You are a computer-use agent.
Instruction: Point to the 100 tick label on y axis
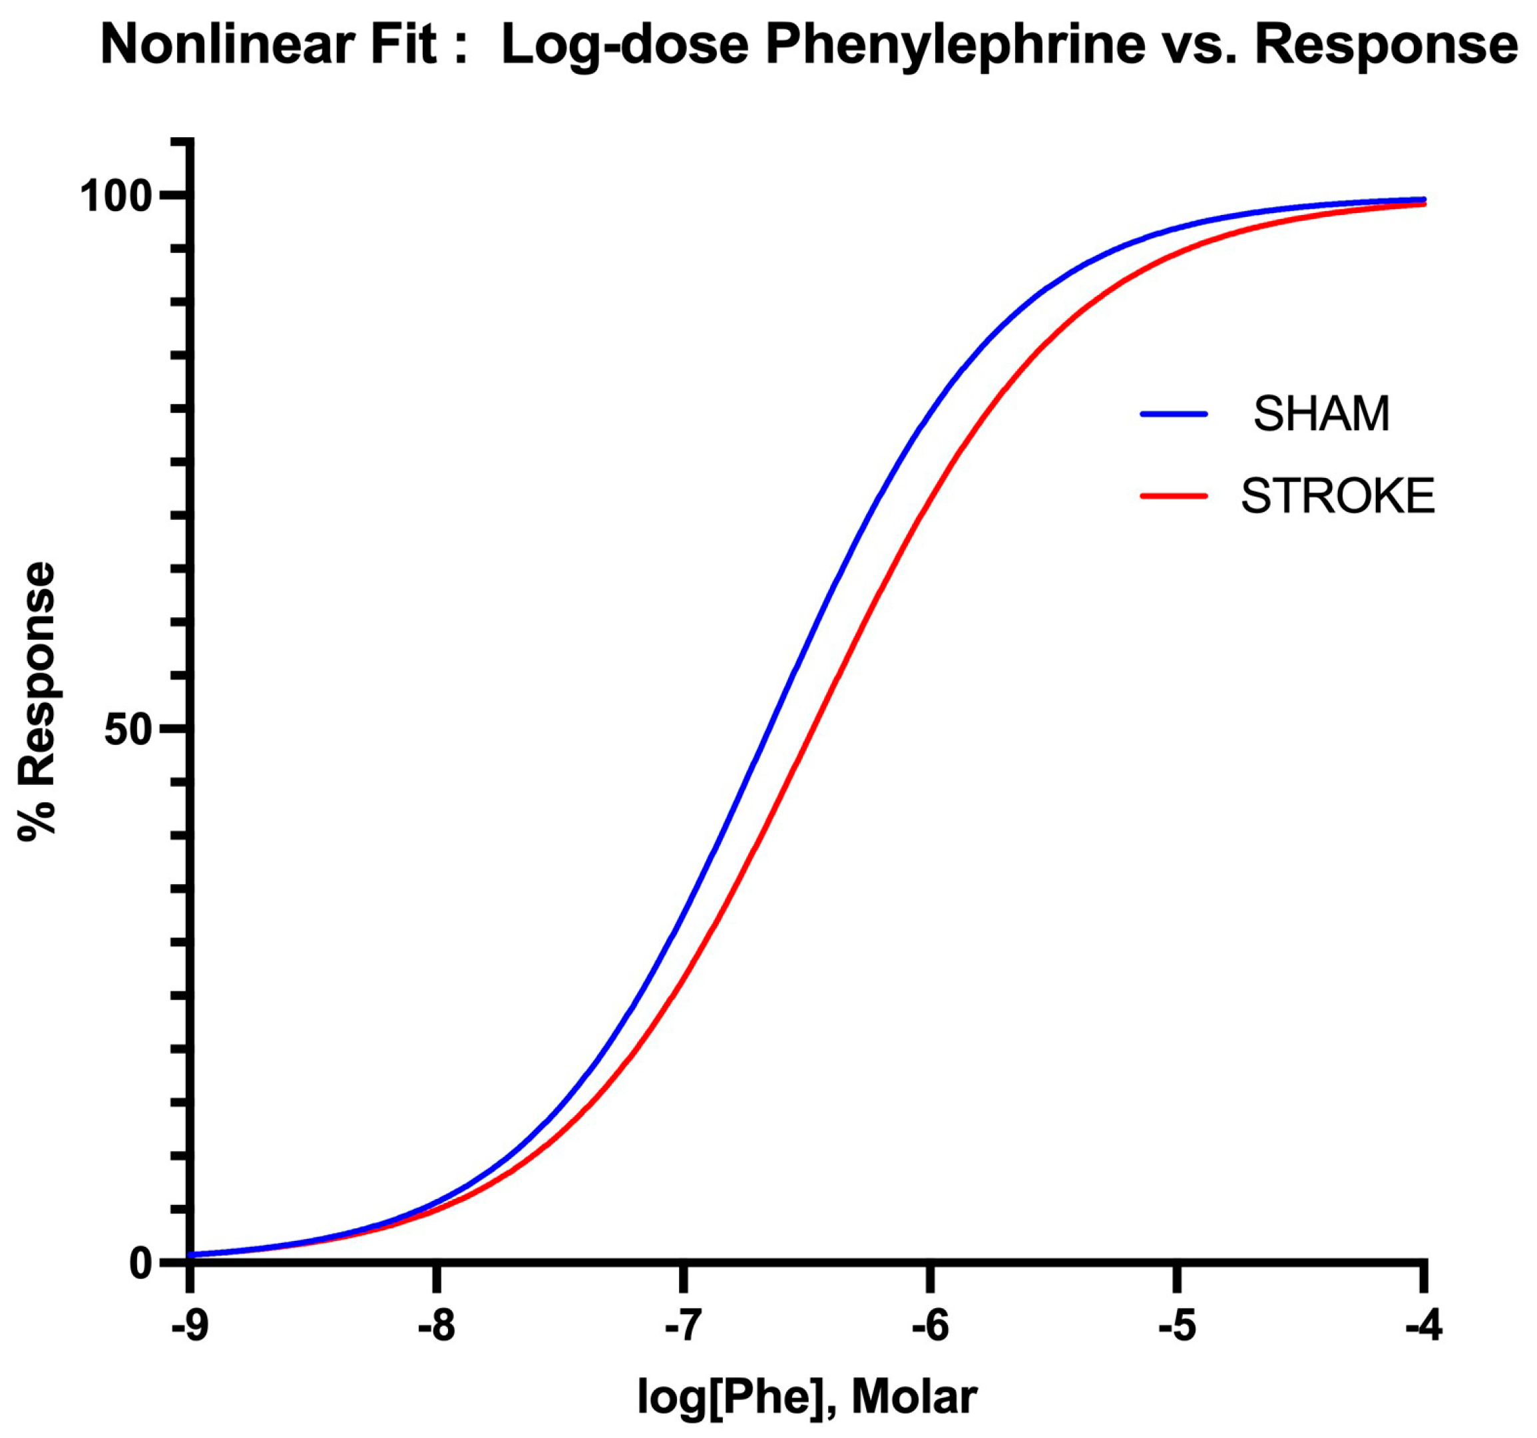(116, 196)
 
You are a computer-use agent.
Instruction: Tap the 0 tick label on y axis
(140, 1264)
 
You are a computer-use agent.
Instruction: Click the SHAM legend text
(1321, 414)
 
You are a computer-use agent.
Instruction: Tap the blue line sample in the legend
(1174, 414)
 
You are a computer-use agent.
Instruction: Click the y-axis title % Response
(37, 700)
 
